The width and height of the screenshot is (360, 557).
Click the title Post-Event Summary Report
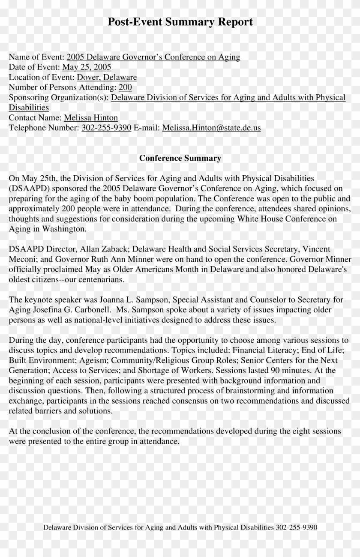click(180, 21)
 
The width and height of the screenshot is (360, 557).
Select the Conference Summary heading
click(180, 158)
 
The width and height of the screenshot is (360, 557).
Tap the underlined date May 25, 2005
click(87, 67)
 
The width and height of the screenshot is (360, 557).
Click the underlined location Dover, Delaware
click(107, 77)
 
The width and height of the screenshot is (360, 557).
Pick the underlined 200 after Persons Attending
click(125, 87)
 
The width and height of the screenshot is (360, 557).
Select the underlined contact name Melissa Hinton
click(91, 118)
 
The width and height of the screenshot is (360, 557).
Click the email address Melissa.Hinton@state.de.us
click(211, 128)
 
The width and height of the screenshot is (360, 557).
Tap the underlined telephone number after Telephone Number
click(106, 128)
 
